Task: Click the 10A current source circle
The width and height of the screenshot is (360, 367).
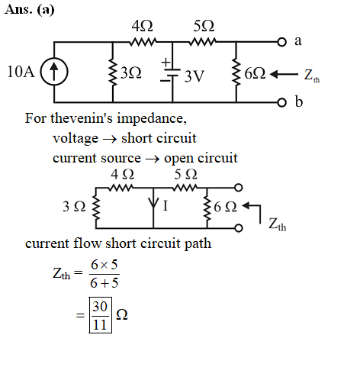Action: (54, 72)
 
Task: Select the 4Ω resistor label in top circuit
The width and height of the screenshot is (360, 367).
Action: (142, 26)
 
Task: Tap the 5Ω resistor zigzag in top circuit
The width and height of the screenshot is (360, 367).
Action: (203, 41)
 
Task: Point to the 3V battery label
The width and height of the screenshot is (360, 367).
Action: (194, 76)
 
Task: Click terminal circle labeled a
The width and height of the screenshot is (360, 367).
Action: (281, 42)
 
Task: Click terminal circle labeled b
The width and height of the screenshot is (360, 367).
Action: (281, 102)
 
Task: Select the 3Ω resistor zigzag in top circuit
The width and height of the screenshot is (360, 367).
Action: (113, 72)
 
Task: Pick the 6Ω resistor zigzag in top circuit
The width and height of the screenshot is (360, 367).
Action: (236, 72)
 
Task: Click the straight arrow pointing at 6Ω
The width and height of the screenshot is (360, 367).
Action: (284, 75)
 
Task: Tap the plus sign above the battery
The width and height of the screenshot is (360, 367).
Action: (166, 62)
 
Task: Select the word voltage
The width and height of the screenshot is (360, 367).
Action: (76, 139)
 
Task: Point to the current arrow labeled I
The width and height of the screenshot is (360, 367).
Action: (153, 203)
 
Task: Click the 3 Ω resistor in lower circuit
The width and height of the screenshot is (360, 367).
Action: (96, 208)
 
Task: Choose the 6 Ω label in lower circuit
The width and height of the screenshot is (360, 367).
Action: (225, 207)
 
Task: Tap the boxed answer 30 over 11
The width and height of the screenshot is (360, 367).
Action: (100, 315)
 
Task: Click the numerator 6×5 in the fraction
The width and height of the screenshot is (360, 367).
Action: (104, 265)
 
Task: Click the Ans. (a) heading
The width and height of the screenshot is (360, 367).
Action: (30, 10)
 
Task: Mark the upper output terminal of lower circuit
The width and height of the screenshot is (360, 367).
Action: (238, 188)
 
